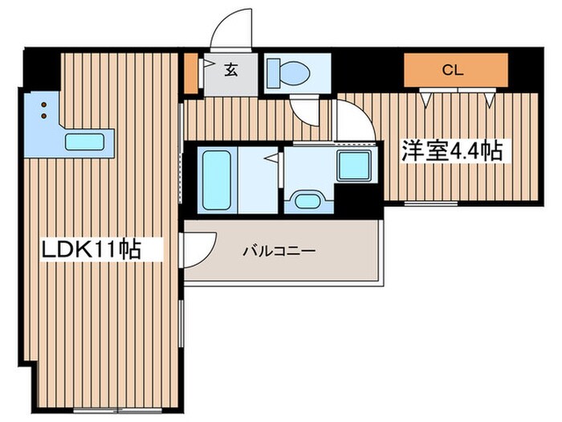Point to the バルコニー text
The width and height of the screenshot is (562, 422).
279,251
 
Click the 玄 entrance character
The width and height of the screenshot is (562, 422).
230,71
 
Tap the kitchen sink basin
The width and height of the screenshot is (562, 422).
85,142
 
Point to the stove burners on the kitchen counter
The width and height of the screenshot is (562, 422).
40,109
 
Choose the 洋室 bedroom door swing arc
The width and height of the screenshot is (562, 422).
353,121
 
